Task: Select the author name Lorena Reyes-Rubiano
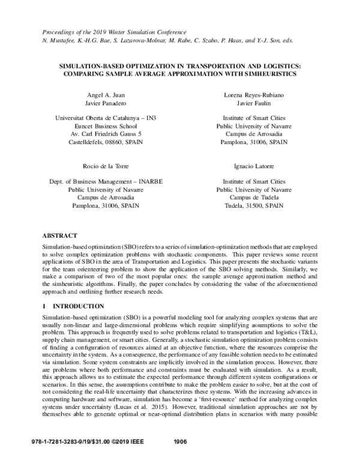pos(253,95)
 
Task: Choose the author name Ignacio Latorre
pos(253,165)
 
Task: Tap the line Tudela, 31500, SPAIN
pos(253,205)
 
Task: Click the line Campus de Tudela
pos(253,197)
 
